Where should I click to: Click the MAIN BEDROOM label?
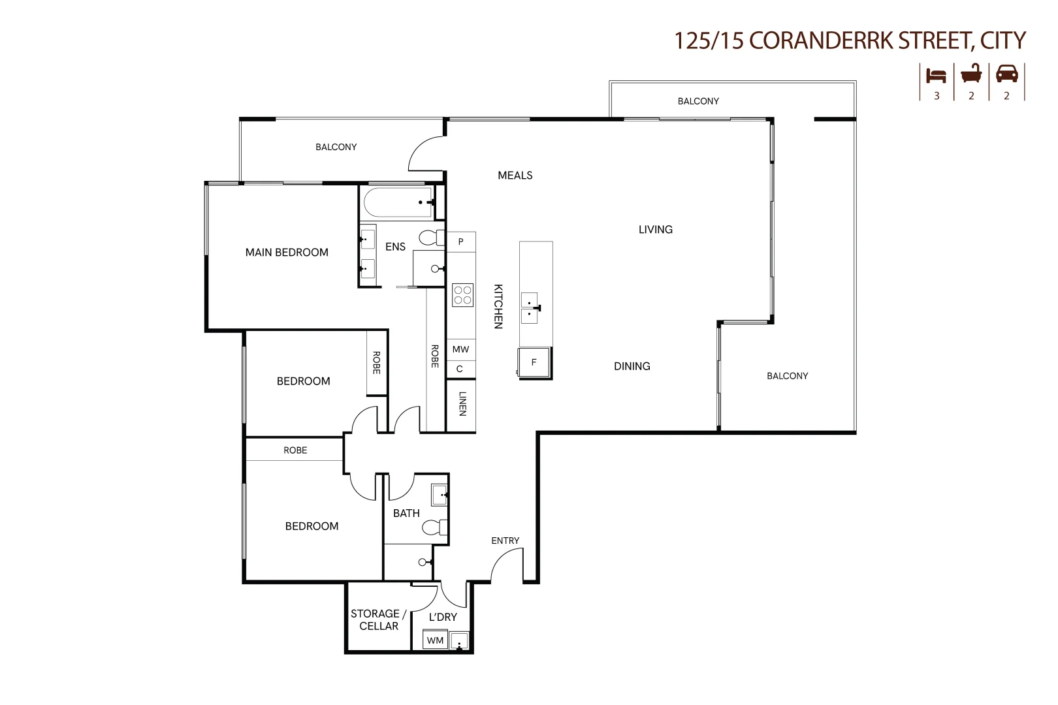click(x=287, y=253)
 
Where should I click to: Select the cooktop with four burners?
click(x=462, y=295)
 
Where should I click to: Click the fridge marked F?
click(x=534, y=362)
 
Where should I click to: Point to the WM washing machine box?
click(x=435, y=640)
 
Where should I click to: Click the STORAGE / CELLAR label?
click(x=378, y=619)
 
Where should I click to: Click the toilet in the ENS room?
click(x=432, y=237)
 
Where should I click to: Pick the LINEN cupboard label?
click(x=462, y=403)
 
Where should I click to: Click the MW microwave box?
click(x=460, y=349)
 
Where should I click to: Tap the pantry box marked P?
click(x=460, y=242)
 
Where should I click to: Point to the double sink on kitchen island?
click(x=530, y=309)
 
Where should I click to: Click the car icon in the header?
click(x=1006, y=74)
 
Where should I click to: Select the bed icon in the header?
click(x=936, y=75)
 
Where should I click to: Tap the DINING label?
click(x=632, y=366)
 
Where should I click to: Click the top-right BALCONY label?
click(x=698, y=101)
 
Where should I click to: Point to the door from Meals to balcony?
click(x=425, y=154)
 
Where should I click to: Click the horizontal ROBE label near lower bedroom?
click(x=295, y=450)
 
